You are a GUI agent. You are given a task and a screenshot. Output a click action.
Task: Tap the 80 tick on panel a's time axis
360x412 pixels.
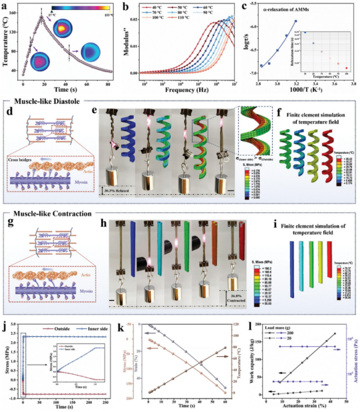108,85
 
